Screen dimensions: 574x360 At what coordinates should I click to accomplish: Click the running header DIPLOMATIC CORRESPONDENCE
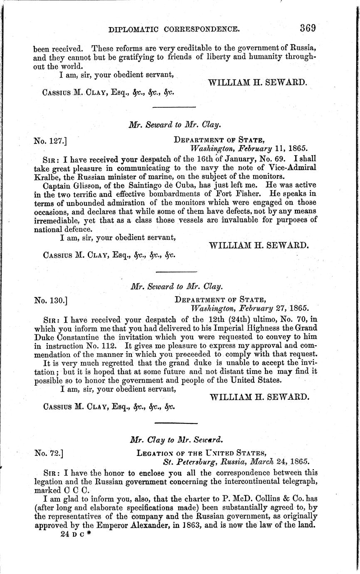click(x=173, y=30)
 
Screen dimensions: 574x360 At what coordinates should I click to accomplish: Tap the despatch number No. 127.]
click(x=50, y=141)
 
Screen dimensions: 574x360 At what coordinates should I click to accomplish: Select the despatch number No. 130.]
click(x=50, y=299)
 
